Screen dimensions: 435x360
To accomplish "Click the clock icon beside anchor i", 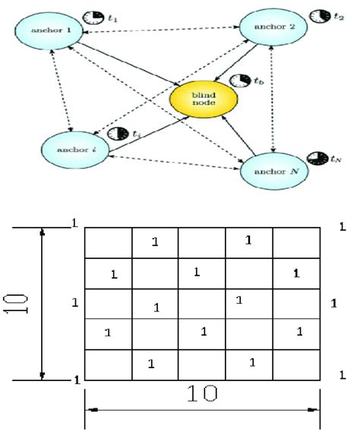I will coord(118,133).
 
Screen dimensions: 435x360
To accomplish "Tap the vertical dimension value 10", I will coord(22,302).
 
